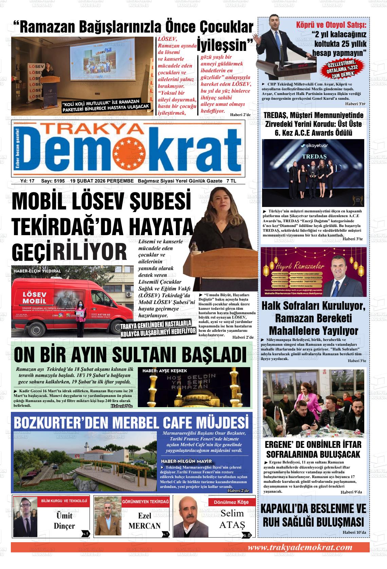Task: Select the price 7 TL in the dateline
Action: pyautogui.click(x=231, y=181)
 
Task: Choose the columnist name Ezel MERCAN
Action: pyautogui.click(x=145, y=521)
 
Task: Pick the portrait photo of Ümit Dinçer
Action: pyautogui.click(x=25, y=517)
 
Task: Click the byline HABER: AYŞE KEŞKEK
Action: pyautogui.click(x=165, y=371)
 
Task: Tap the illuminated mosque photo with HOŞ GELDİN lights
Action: pyautogui.click(x=194, y=387)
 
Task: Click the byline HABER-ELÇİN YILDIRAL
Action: pyautogui.click(x=37, y=271)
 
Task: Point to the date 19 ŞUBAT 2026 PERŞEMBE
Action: pyautogui.click(x=102, y=181)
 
